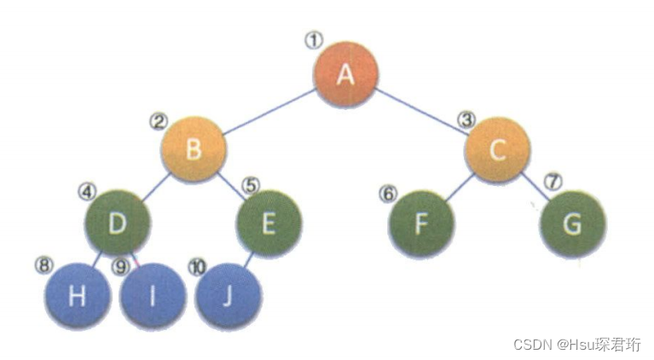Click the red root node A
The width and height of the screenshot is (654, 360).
click(345, 75)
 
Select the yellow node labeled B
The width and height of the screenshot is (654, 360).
click(194, 150)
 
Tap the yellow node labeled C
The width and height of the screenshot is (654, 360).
click(497, 150)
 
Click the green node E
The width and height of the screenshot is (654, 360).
click(269, 224)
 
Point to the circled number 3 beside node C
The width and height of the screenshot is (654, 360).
click(466, 119)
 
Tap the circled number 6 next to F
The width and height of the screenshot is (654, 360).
click(389, 193)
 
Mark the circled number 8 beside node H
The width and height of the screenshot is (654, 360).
click(43, 264)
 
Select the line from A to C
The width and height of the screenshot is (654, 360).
click(421, 113)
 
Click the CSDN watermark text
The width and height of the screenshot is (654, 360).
click(576, 344)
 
